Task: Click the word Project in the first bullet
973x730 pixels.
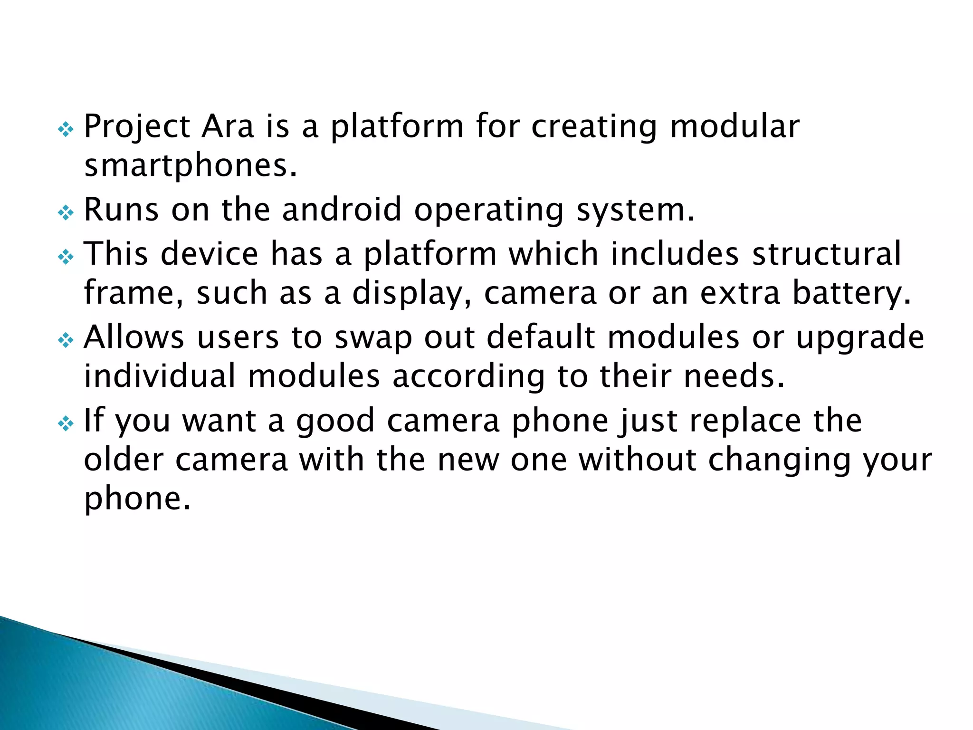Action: pyautogui.click(x=137, y=127)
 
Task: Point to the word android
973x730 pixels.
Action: pyautogui.click(x=342, y=210)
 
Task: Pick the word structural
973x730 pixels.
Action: pyautogui.click(x=826, y=253)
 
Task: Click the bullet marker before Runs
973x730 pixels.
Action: pyautogui.click(x=66, y=212)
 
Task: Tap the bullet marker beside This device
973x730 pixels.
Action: pyautogui.click(x=66, y=257)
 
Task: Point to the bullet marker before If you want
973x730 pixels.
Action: pyautogui.click(x=66, y=423)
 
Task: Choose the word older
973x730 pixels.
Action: pyautogui.click(x=124, y=460)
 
